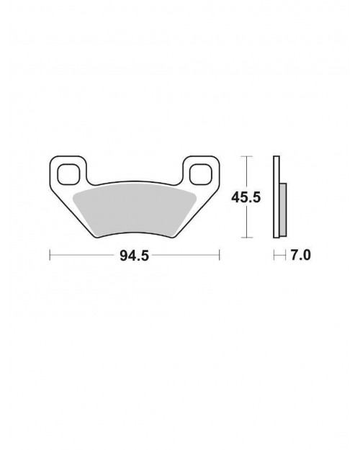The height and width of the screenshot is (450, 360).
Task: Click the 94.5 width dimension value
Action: (135, 256)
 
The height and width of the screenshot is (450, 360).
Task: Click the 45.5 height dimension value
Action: (246, 197)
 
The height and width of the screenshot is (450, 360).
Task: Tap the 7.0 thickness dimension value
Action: (300, 255)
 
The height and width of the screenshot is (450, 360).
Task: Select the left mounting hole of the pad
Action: (68, 174)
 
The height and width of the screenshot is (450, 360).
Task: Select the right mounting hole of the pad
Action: (201, 174)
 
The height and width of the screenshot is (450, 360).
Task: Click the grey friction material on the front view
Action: (135, 211)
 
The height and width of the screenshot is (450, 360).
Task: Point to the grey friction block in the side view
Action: (283, 210)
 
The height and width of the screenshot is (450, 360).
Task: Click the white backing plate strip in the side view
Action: (276, 197)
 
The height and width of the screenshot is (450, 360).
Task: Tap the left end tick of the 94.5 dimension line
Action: (50, 255)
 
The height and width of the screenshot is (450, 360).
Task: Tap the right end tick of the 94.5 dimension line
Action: (220, 255)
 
